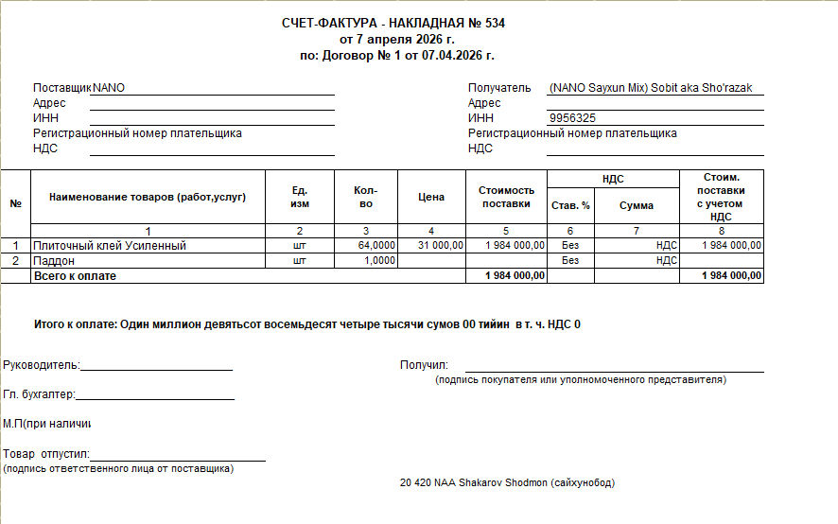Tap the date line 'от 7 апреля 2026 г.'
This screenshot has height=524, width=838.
click(397, 40)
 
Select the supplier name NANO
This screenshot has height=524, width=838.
click(109, 88)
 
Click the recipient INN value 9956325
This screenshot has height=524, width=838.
click(572, 118)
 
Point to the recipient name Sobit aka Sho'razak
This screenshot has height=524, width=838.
click(701, 88)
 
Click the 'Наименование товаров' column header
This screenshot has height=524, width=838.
click(148, 197)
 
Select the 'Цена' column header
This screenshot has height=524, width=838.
click(431, 197)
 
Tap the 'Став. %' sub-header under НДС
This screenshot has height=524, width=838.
click(570, 205)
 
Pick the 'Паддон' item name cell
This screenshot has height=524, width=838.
click(54, 260)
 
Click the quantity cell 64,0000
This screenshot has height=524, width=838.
click(376, 245)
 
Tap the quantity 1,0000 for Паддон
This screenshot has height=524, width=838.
click(380, 260)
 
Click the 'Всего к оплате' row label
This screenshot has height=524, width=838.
click(75, 275)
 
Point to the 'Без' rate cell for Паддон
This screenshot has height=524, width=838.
click(570, 260)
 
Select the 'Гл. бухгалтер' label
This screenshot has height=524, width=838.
click(39, 394)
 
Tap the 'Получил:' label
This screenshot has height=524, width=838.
click(424, 365)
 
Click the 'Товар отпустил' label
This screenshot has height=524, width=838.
click(45, 455)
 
